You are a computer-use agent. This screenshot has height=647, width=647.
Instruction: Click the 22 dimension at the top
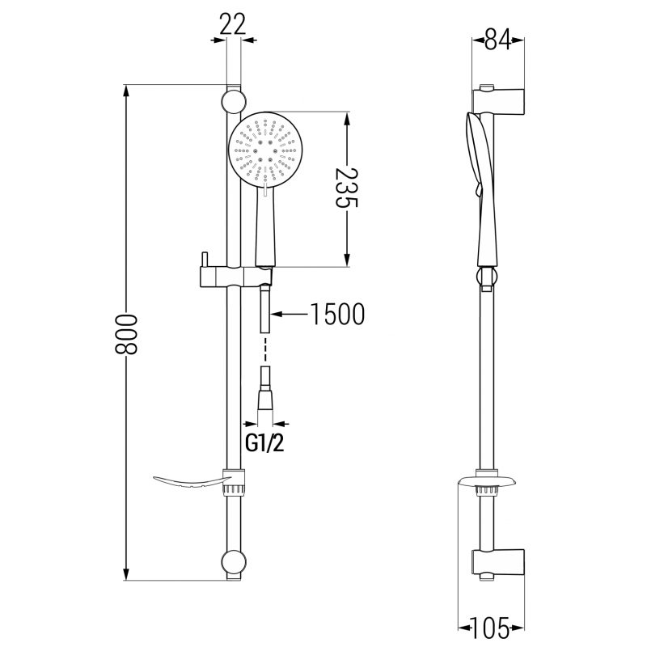[233, 24]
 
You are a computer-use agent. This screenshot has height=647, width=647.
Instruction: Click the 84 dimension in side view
[498, 39]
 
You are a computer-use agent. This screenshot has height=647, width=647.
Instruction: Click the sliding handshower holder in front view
[230, 274]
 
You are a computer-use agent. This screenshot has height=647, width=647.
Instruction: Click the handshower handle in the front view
[265, 230]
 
